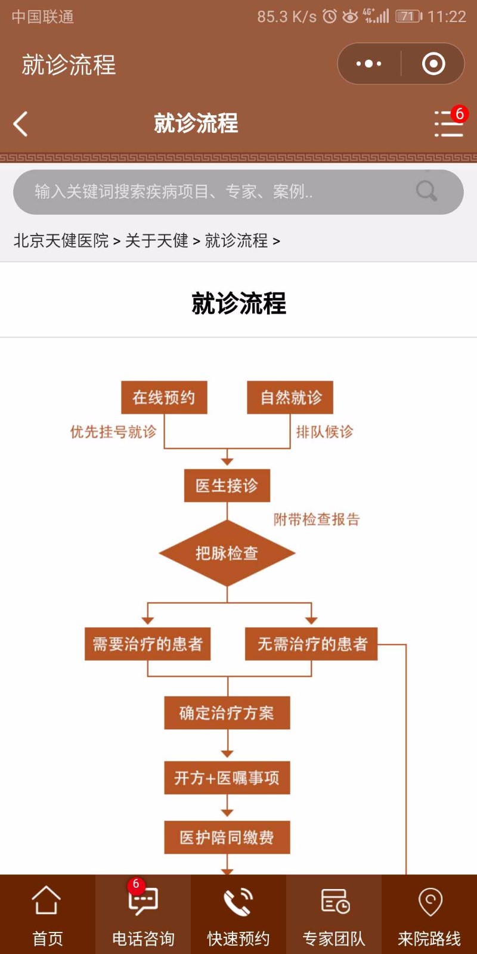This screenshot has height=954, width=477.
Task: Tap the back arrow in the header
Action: tap(20, 123)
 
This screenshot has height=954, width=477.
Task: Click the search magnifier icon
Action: tap(426, 191)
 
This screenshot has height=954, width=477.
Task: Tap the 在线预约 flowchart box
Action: tap(164, 397)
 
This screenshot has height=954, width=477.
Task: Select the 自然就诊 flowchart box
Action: tap(290, 397)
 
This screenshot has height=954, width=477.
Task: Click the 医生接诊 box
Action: tap(227, 485)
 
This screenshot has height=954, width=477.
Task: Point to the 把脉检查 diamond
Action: tap(227, 553)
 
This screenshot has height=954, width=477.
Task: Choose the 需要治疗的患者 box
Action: tap(147, 644)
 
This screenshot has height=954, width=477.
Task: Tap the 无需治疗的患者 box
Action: tap(311, 644)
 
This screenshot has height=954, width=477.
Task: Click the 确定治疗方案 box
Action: tap(227, 713)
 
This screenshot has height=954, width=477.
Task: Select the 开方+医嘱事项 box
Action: tap(227, 778)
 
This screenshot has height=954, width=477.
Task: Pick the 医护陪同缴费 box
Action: tap(227, 837)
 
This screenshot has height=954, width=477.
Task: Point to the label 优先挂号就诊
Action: tap(113, 432)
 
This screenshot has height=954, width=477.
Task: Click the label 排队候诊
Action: tap(325, 432)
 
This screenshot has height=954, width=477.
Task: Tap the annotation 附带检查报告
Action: tap(317, 519)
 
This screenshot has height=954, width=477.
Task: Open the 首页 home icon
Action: tap(47, 900)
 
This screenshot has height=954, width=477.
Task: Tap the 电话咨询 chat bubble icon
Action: tap(143, 900)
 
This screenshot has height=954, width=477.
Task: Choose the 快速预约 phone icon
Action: tap(238, 901)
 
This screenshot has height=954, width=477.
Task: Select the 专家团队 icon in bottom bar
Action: tap(335, 901)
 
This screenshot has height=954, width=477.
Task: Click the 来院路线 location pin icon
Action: tap(430, 902)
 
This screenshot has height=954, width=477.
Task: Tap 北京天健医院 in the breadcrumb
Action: tap(61, 241)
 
